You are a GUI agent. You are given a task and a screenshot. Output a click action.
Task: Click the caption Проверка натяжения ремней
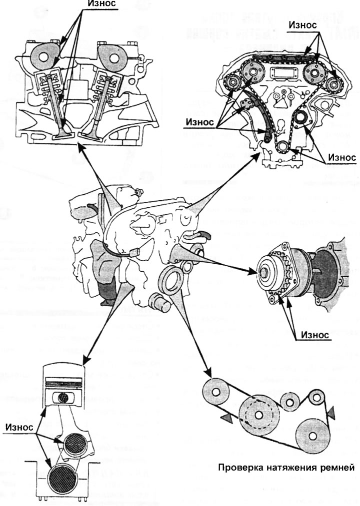[286, 468]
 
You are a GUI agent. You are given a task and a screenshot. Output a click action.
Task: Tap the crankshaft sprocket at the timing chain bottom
[282, 148]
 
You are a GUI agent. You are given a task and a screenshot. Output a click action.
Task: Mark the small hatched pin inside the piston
[64, 398]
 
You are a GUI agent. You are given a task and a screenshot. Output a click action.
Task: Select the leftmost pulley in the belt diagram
[215, 393]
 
